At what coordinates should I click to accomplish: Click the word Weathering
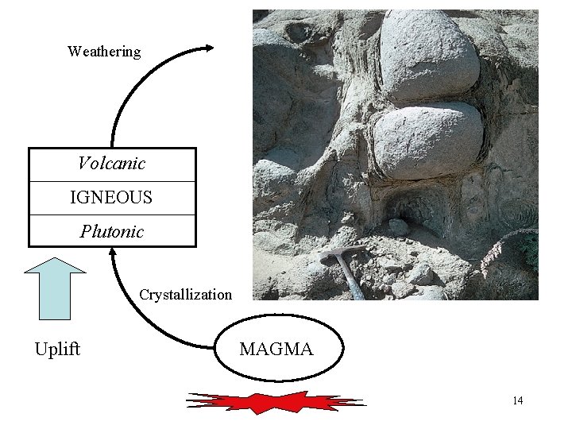(x=104, y=52)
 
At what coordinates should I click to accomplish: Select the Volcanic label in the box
(x=111, y=164)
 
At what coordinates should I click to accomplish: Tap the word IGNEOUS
(x=111, y=198)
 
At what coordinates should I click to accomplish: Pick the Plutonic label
(x=111, y=232)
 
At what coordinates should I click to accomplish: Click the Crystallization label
(x=185, y=295)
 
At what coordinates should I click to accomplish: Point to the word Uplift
(x=57, y=350)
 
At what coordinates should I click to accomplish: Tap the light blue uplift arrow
(x=55, y=286)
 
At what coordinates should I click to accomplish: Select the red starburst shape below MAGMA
(x=276, y=401)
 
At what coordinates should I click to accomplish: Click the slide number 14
(x=517, y=400)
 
